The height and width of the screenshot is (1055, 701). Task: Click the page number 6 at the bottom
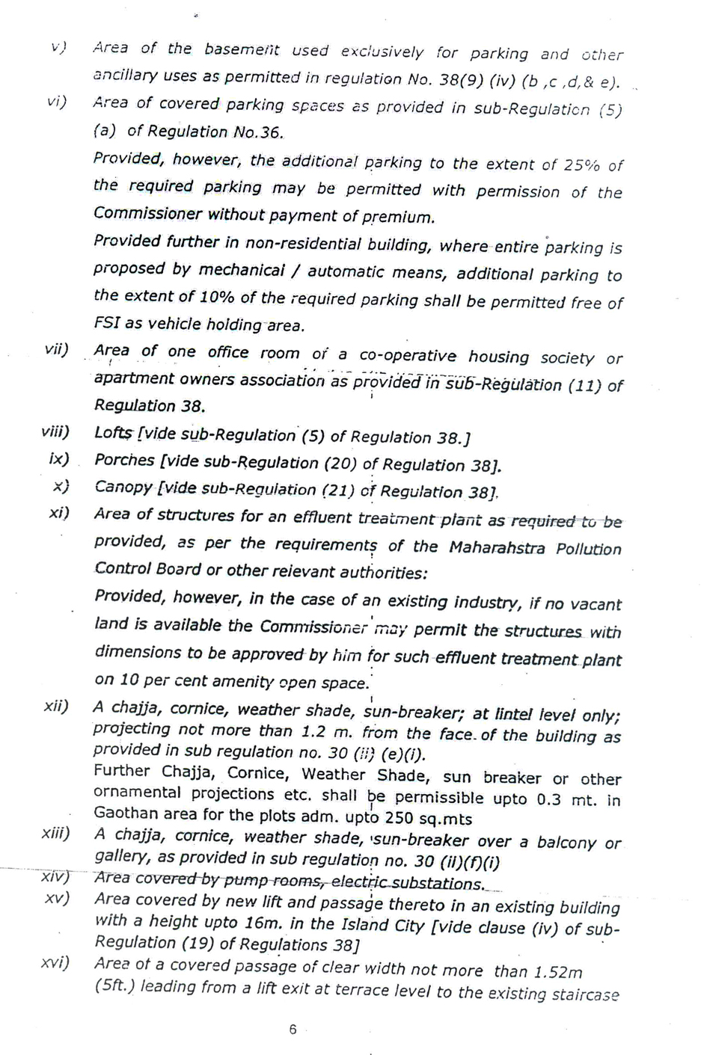click(293, 1030)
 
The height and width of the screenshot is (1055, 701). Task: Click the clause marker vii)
click(55, 349)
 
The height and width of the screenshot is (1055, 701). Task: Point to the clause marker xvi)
click(55, 962)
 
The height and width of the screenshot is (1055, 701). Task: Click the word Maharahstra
click(497, 547)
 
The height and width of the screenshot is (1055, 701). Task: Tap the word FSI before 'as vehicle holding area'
click(106, 324)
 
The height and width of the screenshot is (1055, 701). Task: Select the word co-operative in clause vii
click(407, 356)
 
